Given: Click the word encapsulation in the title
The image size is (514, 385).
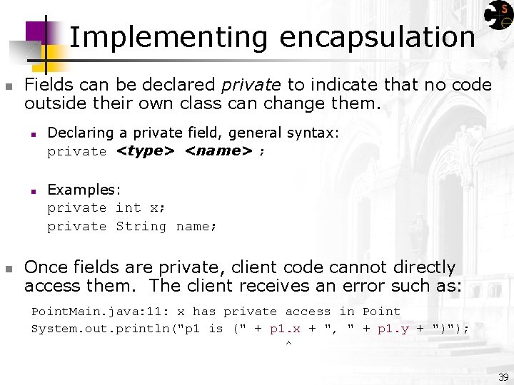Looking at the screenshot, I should point(377,37).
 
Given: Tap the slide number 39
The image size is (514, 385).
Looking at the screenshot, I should point(503,377).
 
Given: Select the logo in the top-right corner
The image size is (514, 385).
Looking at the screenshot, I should point(498,16).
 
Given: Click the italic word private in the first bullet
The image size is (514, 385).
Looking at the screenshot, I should point(251,85).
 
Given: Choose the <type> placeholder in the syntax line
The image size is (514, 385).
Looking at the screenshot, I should point(146,151).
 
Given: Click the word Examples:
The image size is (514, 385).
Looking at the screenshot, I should point(84,190).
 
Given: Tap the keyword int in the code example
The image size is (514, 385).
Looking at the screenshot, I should point(128,208).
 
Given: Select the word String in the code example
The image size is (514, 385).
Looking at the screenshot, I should point(141,227).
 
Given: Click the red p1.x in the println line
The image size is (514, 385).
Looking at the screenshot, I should point(286,329).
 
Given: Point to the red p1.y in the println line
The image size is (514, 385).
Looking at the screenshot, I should point(393,329).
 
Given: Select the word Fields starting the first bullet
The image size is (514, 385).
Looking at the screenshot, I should point(49,85).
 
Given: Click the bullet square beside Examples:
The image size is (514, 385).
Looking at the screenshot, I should point(33,190).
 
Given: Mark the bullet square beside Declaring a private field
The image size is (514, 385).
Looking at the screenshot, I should point(33,133).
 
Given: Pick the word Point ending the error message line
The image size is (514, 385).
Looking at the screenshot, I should point(381,312).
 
